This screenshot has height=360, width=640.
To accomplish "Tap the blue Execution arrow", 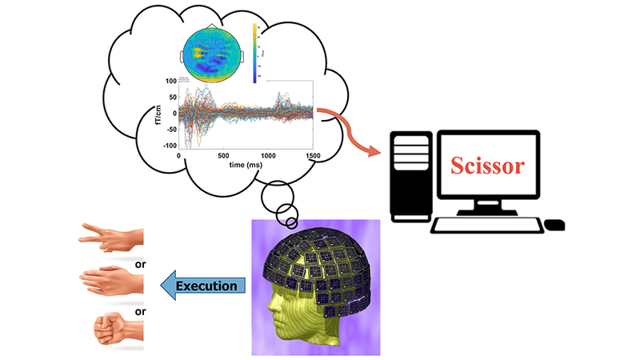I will click(203, 286).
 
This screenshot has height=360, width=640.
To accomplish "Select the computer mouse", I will click(554, 225).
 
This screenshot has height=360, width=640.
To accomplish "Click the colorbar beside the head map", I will click(255, 53).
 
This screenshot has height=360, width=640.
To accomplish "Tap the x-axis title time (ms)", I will click(244, 163).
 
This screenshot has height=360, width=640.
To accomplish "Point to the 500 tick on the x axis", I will click(223, 154).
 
